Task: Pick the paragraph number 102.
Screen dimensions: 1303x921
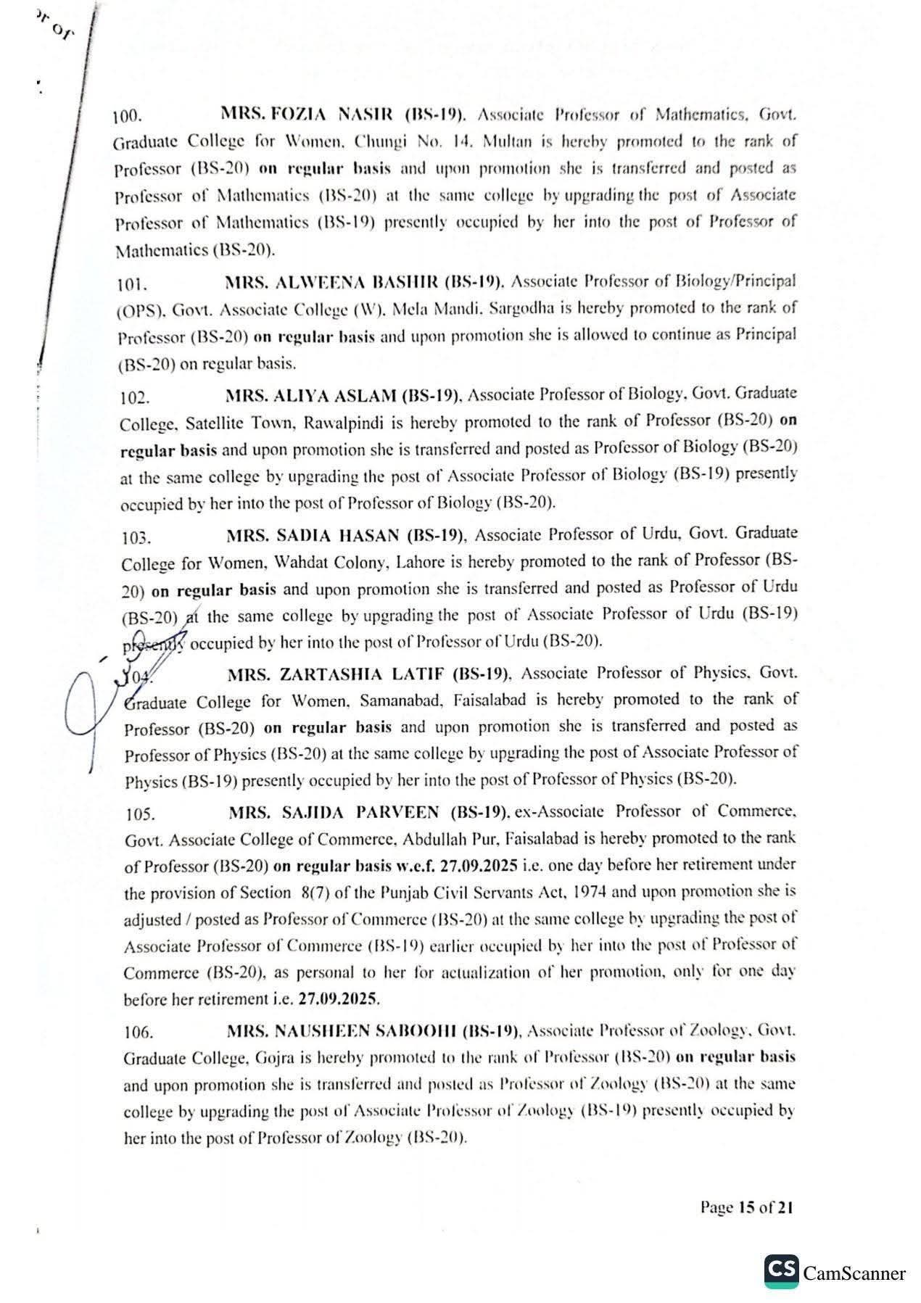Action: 136,397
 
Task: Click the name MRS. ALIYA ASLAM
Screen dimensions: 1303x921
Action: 333,396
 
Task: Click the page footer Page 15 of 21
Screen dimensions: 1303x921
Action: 746,1207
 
